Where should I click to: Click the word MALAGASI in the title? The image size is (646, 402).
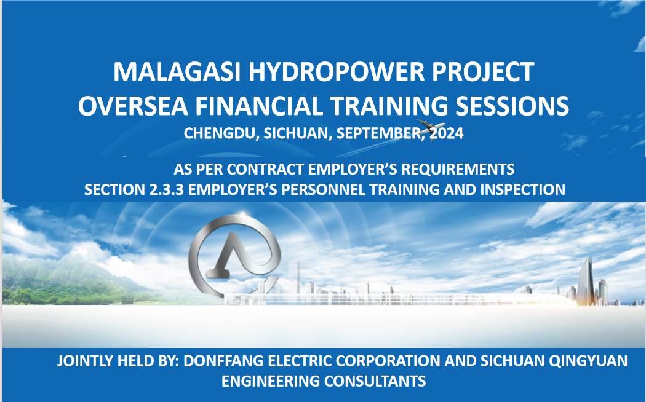(x=177, y=72)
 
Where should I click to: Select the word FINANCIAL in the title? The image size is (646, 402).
(x=259, y=106)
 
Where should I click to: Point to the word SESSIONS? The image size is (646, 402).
(x=512, y=106)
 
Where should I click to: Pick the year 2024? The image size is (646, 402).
(x=447, y=133)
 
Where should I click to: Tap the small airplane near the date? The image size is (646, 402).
(x=430, y=127)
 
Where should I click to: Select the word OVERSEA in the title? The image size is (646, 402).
(x=133, y=106)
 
